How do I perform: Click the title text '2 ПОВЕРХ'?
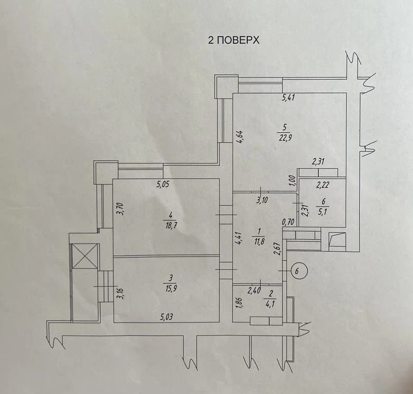(x=234, y=40)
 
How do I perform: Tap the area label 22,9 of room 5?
(x=285, y=137)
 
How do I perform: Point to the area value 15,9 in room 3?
(x=170, y=288)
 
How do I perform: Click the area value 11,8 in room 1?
(x=259, y=241)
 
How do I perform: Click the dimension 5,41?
(x=289, y=98)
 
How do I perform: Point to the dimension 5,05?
(x=163, y=184)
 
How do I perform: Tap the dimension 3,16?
(x=120, y=294)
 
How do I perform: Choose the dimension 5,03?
(x=167, y=317)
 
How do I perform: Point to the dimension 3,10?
(x=262, y=200)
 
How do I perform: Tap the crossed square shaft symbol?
(x=85, y=256)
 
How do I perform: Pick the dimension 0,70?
(x=288, y=222)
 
